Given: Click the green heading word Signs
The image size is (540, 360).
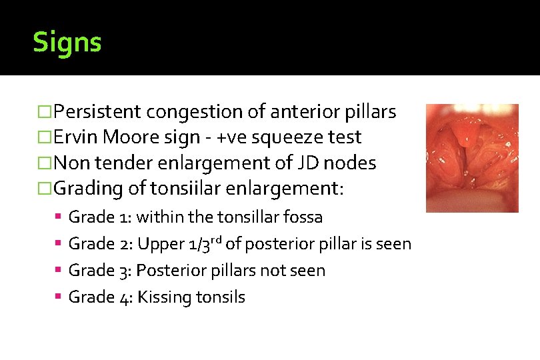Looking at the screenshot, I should tap(67, 43).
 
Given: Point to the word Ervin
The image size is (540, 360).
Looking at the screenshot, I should tap(74, 137).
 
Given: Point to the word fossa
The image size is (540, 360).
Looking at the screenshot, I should tap(303, 217).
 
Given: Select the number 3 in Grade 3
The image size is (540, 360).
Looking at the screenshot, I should tap(125, 271).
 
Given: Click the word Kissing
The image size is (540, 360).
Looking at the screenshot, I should tap(165, 298).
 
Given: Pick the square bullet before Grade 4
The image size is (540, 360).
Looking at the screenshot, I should tap(59, 297).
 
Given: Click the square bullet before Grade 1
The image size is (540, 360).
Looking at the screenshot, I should tap(59, 217).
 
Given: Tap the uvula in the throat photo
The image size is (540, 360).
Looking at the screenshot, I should tap(469, 141).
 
